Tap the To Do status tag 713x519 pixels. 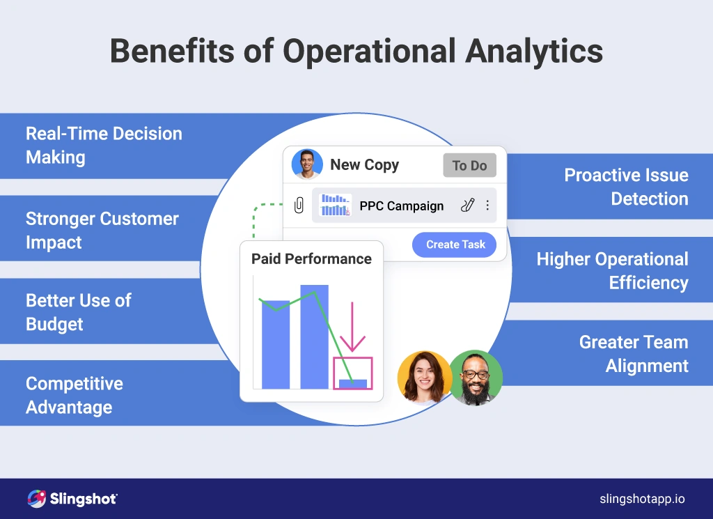tap(469, 166)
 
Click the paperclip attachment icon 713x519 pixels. tap(299, 206)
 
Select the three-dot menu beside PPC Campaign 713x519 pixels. tap(487, 206)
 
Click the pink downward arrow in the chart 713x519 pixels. tap(353, 327)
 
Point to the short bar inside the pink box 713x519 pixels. tap(353, 383)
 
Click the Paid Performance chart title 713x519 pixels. tap(311, 259)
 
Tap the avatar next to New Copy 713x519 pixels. tap(307, 165)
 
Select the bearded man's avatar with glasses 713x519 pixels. tap(476, 378)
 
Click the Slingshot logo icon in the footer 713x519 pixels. tap(36, 499)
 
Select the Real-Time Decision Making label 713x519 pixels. tap(103, 145)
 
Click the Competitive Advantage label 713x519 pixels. tap(74, 395)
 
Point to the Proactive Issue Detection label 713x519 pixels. tap(625, 187)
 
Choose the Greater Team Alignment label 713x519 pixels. tap(633, 354)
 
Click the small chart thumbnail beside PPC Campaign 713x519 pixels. tap(335, 206)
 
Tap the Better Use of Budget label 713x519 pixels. tap(78, 312)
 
